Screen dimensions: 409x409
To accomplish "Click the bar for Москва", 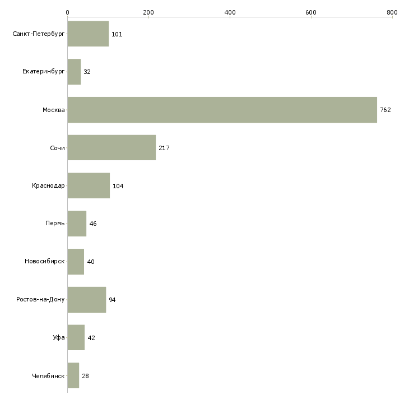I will (x=222, y=110).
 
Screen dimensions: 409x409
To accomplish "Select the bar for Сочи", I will (x=111, y=148).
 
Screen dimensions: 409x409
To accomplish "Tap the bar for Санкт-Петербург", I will (x=88, y=34).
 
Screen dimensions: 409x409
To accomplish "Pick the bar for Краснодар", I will (x=89, y=186).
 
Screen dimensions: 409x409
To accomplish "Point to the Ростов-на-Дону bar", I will (x=86, y=300).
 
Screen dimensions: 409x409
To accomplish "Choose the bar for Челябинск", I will (x=73, y=376).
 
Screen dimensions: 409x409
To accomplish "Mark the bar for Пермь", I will (x=77, y=224).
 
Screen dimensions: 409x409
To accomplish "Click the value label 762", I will (x=385, y=110).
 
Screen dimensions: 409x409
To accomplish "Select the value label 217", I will (x=164, y=148).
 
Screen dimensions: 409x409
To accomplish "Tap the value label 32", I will (x=87, y=72).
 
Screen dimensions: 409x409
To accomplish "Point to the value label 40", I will (x=90, y=262).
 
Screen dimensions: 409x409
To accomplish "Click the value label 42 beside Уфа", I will (x=91, y=338).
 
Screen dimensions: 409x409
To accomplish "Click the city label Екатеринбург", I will (x=44, y=72).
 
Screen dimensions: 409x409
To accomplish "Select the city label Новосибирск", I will (x=45, y=262).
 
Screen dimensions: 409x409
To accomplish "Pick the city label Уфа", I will (x=59, y=338).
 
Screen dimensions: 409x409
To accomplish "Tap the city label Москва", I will (x=54, y=110).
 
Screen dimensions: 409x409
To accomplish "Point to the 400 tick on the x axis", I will (x=230, y=12).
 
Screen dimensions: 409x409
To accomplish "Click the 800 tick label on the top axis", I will (x=392, y=12).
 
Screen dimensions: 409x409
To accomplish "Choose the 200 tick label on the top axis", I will (x=148, y=12).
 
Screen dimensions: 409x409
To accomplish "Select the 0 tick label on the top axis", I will (x=67, y=12).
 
